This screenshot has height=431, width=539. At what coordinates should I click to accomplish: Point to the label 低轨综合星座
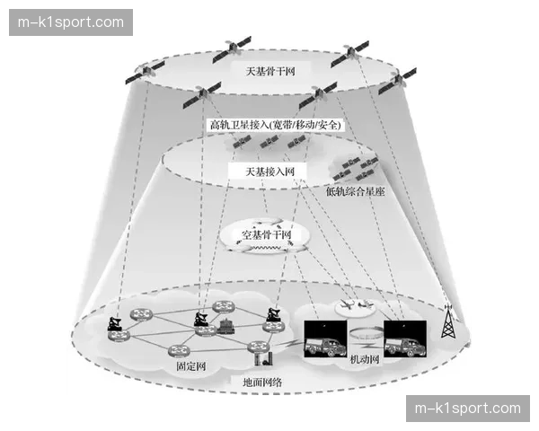click(355, 191)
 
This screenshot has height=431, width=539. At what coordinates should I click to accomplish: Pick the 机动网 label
click(365, 359)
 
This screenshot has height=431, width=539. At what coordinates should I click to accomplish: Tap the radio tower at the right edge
click(446, 322)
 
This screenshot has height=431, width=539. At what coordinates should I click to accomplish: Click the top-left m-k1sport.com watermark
click(72, 22)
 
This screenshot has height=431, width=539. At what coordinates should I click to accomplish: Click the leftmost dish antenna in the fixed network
click(115, 324)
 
